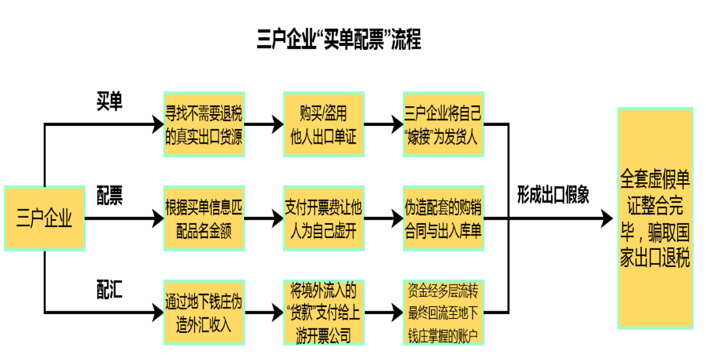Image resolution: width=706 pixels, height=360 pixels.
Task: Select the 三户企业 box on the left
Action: (45, 218)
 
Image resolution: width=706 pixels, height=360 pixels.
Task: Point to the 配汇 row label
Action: (110, 289)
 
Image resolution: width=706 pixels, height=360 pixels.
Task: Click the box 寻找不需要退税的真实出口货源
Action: (203, 125)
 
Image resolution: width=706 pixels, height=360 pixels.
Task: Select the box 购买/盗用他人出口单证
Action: (323, 125)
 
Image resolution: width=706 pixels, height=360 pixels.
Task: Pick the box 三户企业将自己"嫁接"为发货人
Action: (443, 125)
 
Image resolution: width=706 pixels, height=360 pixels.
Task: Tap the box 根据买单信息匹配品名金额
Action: (203, 218)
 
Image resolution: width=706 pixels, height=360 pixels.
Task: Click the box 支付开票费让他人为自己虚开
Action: (323, 218)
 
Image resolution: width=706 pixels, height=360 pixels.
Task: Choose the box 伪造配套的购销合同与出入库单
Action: (443, 218)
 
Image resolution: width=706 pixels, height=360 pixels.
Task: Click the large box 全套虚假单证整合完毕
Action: (655, 218)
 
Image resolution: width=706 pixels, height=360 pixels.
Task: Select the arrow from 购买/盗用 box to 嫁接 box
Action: (383, 125)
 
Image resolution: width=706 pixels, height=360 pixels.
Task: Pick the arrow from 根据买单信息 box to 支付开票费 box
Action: (264, 218)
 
